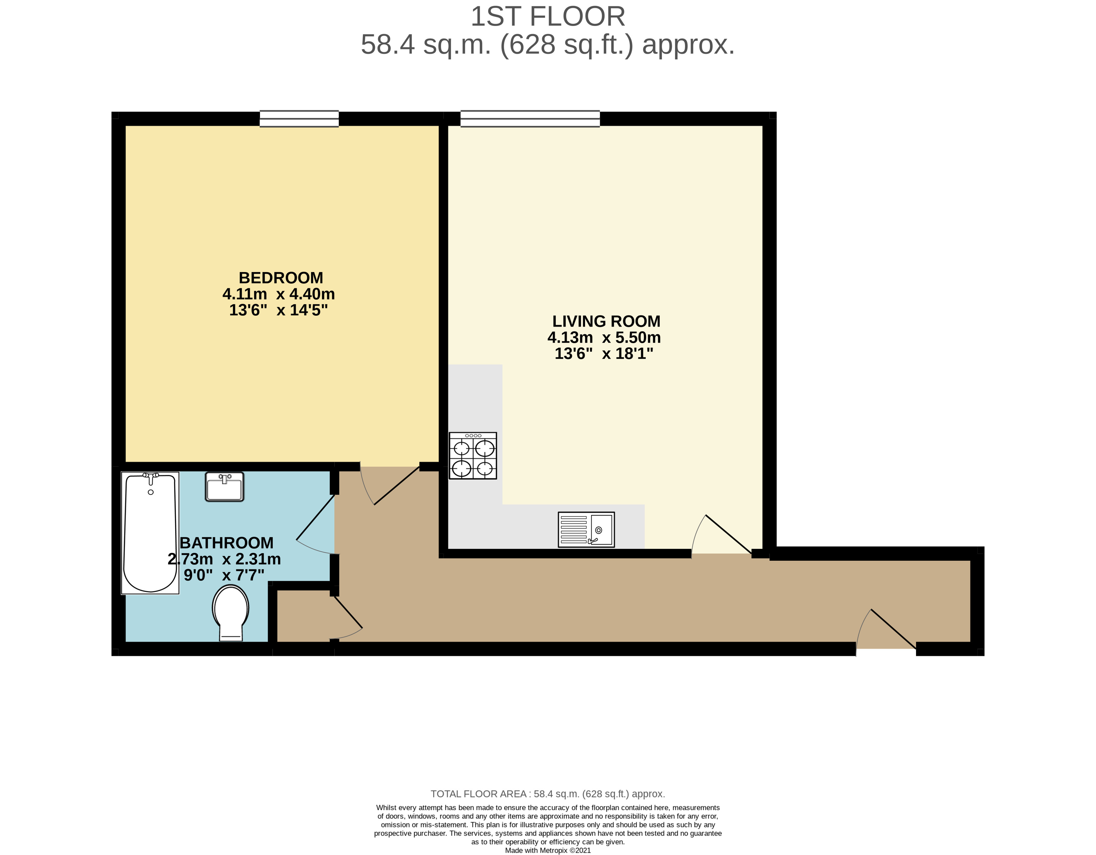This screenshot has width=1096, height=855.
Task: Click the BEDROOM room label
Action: (x=281, y=278)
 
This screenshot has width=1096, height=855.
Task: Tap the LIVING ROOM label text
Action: (x=606, y=321)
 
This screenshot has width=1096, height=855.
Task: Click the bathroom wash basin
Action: (x=224, y=486)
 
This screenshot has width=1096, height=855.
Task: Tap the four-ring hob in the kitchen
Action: (x=473, y=455)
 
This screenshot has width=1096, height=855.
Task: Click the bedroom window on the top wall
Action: (x=299, y=119)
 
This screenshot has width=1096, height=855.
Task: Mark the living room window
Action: (x=530, y=119)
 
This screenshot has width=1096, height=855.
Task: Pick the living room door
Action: (x=723, y=535)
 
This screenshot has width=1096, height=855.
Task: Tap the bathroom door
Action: (x=315, y=525)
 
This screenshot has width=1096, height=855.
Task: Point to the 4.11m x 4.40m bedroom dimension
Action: (x=278, y=294)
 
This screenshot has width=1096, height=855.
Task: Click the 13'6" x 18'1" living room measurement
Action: (x=604, y=353)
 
